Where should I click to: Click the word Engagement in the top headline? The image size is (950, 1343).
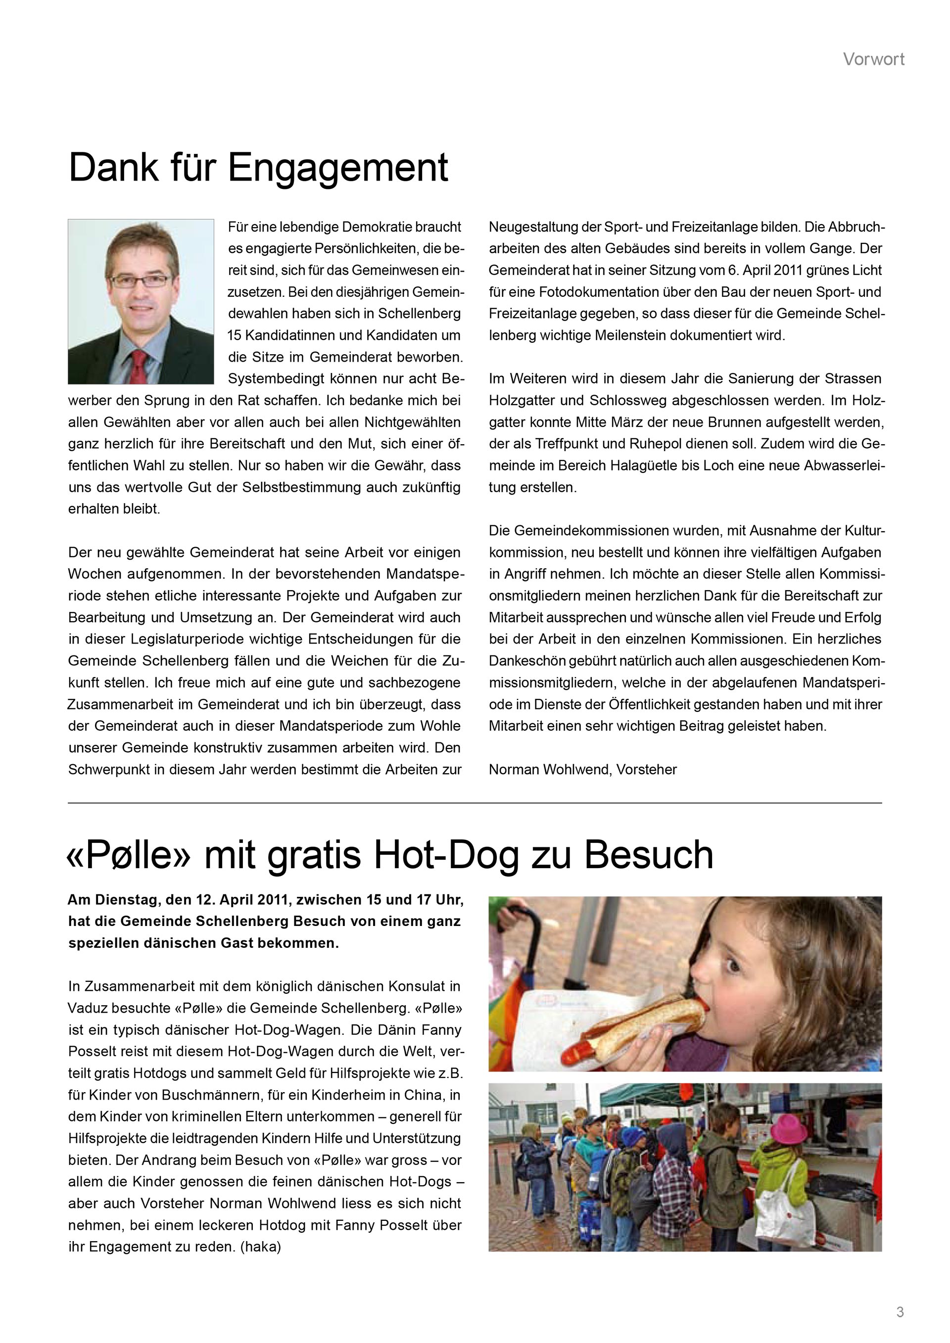[x=337, y=169]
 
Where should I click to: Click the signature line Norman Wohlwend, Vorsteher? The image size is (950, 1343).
[x=583, y=770]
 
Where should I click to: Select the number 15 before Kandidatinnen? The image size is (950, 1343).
[x=235, y=336]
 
